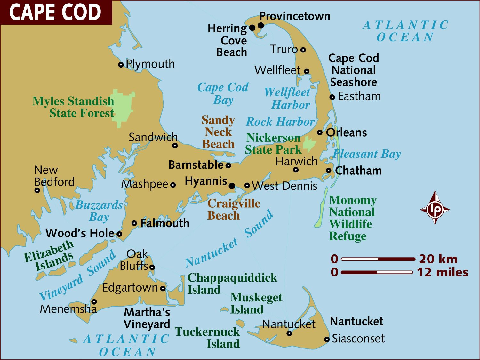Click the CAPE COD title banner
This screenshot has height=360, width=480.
[x=56, y=12]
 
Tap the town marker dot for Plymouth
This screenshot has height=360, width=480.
[x=121, y=65]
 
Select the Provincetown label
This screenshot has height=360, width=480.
[x=294, y=16]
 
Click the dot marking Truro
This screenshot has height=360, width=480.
[x=303, y=50]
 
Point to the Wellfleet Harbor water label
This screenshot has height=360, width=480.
[x=287, y=99]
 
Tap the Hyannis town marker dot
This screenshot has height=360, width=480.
[x=232, y=186]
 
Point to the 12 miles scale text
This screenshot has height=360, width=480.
[x=442, y=272]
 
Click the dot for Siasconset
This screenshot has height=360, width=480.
[x=327, y=340]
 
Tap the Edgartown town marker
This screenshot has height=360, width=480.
[x=163, y=288]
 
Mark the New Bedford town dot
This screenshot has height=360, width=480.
[x=37, y=190]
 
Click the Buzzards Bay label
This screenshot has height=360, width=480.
[x=99, y=211]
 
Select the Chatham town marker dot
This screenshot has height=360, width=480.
[x=329, y=171]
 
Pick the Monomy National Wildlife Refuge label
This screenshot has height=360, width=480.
[x=352, y=218]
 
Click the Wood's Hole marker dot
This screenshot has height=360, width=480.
[x=119, y=234]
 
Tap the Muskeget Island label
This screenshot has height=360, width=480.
[x=256, y=303]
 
